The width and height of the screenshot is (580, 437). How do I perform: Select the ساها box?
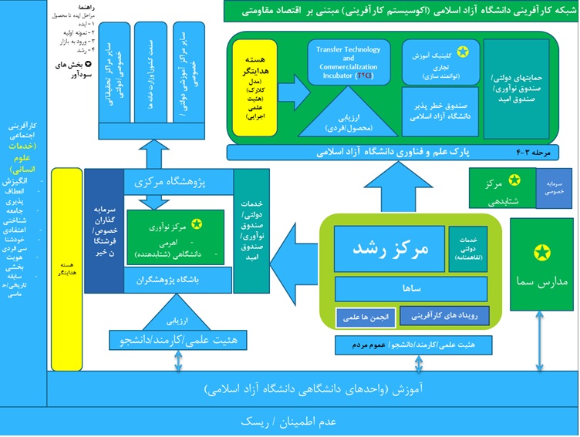pos(411,288)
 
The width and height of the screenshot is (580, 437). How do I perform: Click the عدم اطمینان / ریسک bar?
pos(290,422)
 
